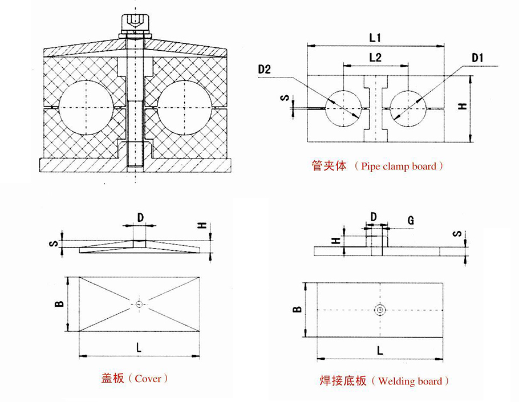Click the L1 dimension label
[375, 38]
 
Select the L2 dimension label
[375, 58]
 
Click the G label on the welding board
[411, 220]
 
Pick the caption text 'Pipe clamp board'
[399, 167]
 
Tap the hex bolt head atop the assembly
[135, 23]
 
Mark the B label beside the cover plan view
[59, 304]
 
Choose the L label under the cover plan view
[139, 346]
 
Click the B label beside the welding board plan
[297, 309]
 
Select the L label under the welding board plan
[380, 350]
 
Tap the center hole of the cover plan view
[139, 304]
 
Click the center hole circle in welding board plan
[380, 310]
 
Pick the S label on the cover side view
[52, 243]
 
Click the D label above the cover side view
[140, 217]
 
